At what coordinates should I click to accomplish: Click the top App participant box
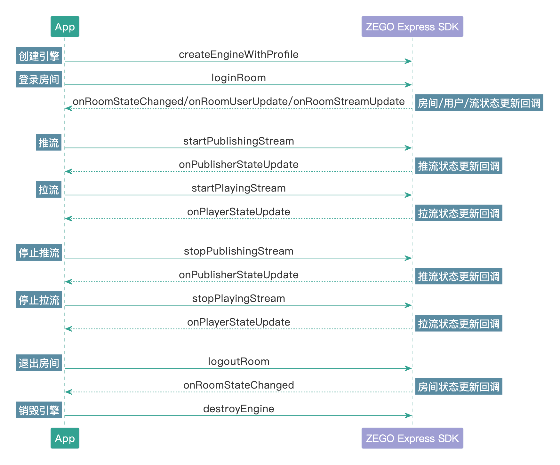click(65, 27)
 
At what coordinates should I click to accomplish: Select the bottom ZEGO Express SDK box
click(412, 438)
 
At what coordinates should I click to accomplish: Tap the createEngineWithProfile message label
click(238, 54)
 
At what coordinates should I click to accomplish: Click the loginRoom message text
click(238, 78)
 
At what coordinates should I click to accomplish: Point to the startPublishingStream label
click(238, 141)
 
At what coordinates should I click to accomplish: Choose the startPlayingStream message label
click(238, 188)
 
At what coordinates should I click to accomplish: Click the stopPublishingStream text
click(238, 251)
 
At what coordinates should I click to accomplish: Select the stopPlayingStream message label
click(238, 298)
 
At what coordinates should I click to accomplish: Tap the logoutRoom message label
click(238, 361)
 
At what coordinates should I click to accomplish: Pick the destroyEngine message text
click(238, 409)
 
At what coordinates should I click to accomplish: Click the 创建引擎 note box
click(39, 56)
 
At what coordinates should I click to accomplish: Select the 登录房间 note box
click(39, 79)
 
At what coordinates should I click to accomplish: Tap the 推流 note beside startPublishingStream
click(49, 143)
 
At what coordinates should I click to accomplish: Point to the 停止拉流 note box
click(39, 300)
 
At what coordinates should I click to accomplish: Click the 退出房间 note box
click(39, 363)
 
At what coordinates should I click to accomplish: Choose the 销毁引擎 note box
click(39, 410)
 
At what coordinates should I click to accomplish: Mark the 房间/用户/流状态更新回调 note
click(479, 103)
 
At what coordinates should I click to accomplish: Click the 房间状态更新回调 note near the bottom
click(459, 387)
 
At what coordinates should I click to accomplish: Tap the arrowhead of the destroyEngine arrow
click(408, 415)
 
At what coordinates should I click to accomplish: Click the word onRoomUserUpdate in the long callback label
click(238, 101)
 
